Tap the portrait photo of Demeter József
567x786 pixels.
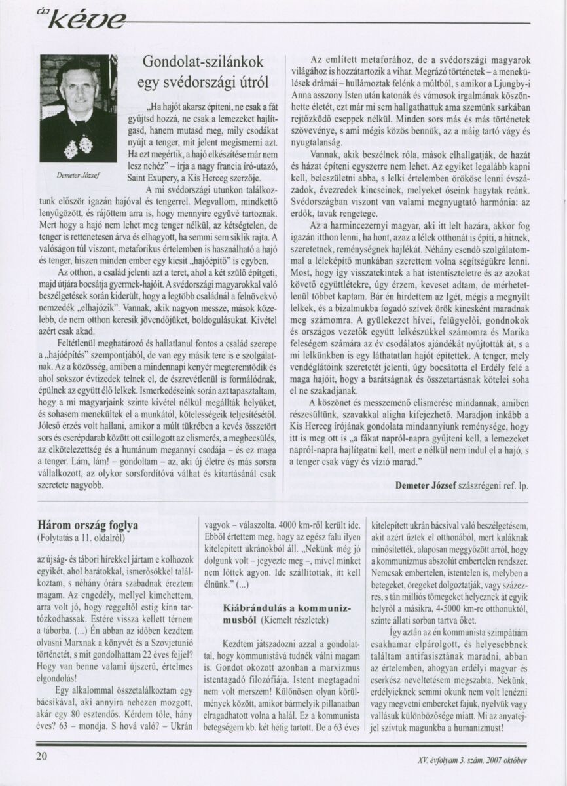[78, 109]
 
